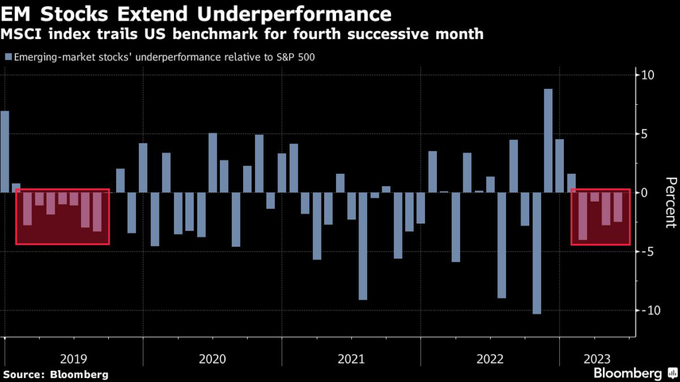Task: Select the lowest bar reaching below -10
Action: click(x=537, y=253)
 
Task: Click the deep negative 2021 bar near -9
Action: click(x=363, y=246)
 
